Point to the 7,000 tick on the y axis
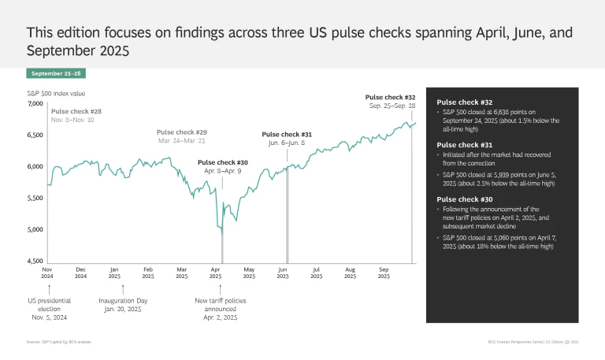36,104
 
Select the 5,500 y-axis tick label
36,199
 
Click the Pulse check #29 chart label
182,132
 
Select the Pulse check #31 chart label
287,135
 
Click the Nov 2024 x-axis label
46,273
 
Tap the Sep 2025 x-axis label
384,273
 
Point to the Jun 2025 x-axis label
283,273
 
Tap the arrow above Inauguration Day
123,289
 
